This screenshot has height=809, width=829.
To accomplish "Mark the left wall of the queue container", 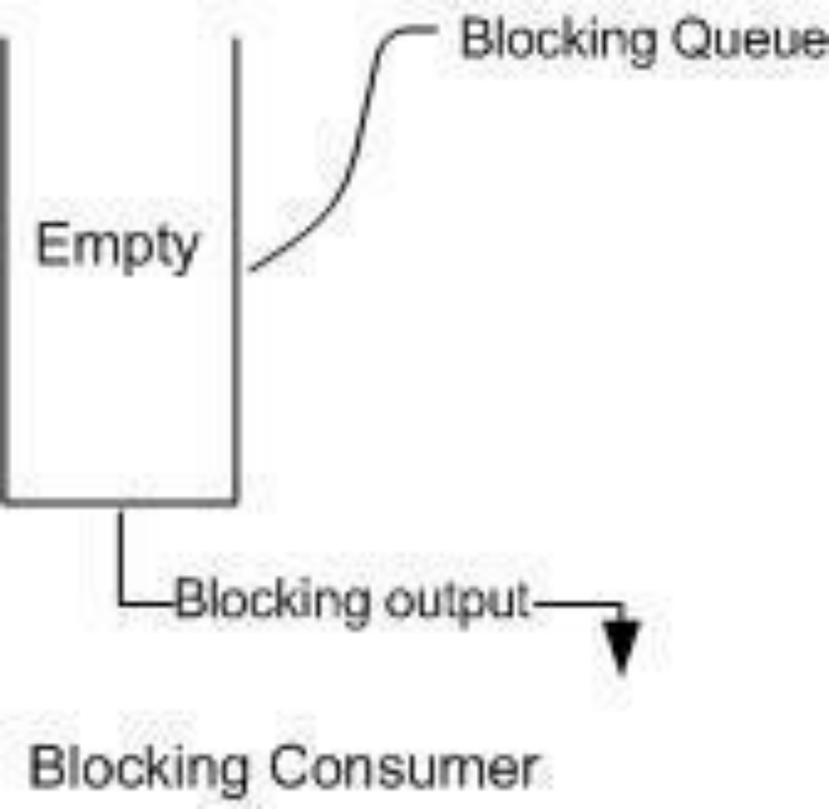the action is tap(4, 270).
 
